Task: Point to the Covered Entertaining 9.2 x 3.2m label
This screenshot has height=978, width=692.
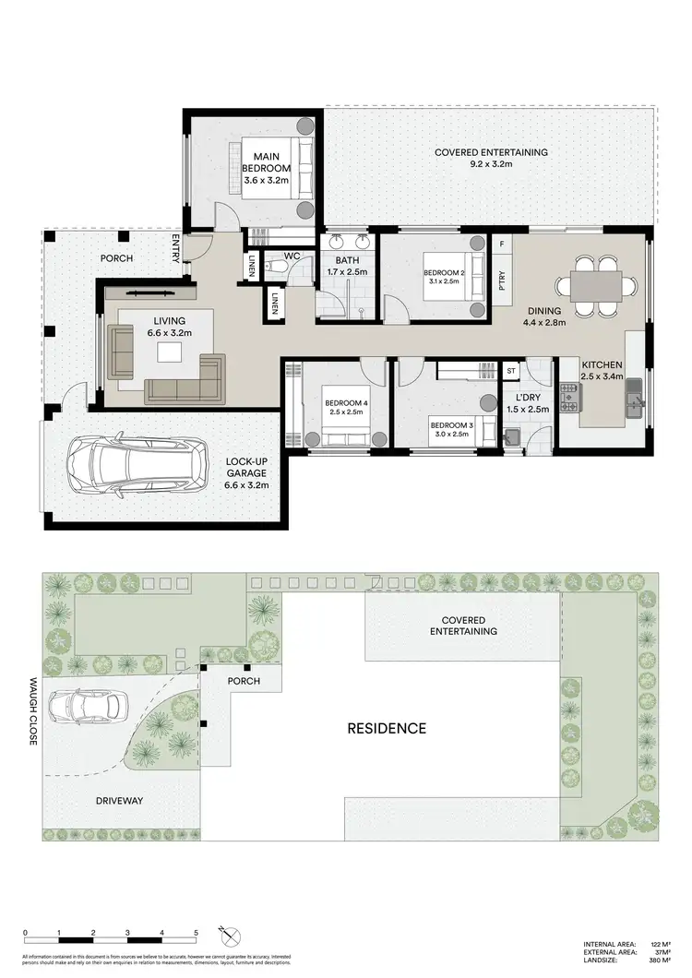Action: click(x=491, y=158)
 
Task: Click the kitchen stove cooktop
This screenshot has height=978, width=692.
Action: click(x=570, y=398)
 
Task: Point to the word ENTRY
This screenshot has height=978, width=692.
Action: click(x=176, y=250)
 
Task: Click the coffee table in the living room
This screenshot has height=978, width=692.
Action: click(x=170, y=352)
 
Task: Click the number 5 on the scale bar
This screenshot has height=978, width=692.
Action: click(x=196, y=934)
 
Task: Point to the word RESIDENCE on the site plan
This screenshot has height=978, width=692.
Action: click(x=387, y=728)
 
